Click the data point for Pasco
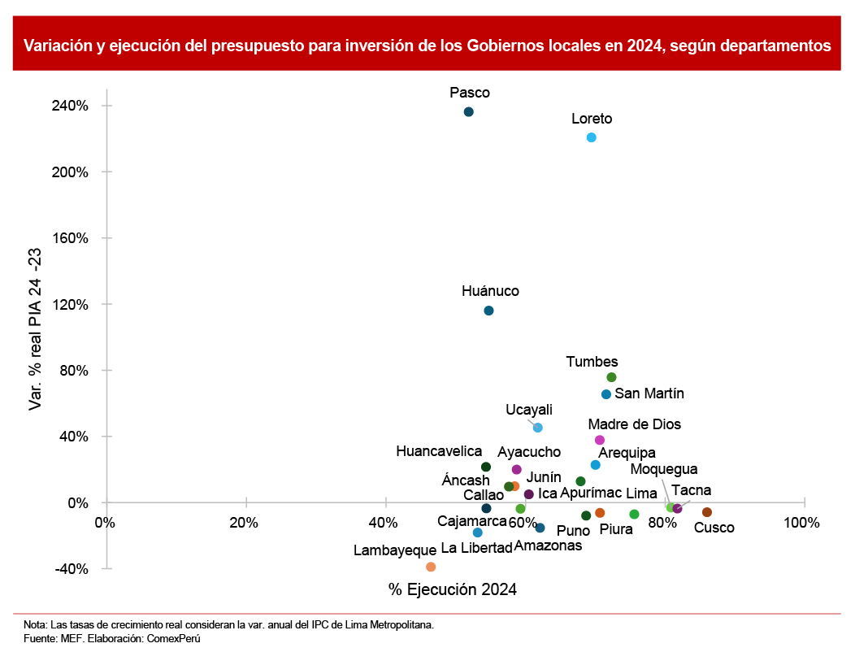[x=468, y=111]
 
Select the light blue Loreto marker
[x=591, y=137]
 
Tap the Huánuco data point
[x=488, y=311]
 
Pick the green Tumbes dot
[x=611, y=377]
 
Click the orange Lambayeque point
[x=431, y=567]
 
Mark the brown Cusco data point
[x=707, y=512]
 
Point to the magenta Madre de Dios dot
[x=600, y=440]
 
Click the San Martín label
[x=649, y=393]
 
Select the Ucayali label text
[x=529, y=409]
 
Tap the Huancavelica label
[x=439, y=450]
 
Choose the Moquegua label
[x=663, y=469]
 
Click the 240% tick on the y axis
[x=72, y=106]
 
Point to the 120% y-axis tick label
[x=72, y=304]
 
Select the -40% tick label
[x=72, y=569]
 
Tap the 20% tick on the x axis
[x=244, y=523]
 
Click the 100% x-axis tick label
[x=803, y=523]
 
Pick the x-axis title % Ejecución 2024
[x=452, y=589]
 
